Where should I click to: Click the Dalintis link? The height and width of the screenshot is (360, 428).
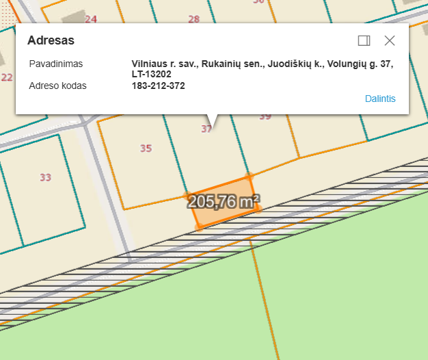point(380,99)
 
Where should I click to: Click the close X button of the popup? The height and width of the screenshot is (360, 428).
point(390,40)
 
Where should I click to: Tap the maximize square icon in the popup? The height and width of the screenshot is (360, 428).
point(364,40)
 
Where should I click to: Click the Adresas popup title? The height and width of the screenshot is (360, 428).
point(51,40)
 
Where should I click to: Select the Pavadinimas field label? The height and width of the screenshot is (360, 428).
point(56,64)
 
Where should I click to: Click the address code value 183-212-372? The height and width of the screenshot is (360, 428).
point(158,86)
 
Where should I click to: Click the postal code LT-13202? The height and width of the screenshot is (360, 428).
point(151,74)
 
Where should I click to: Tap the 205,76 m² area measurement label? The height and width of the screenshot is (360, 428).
point(224,202)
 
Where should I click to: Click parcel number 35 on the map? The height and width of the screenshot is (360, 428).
point(146,149)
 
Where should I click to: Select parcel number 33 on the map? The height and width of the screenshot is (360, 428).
point(45,178)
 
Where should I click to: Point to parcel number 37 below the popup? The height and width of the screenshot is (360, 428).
point(206,129)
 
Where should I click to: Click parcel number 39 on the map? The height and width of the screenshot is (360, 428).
point(265,117)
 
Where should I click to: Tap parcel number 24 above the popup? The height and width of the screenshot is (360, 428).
point(91,19)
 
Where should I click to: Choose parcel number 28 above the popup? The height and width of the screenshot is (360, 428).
point(194,19)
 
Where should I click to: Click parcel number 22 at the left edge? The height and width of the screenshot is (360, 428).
point(7,77)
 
